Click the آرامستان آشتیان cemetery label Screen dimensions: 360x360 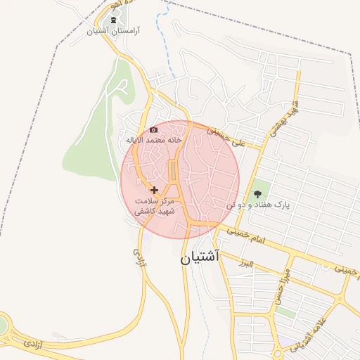point(117,32)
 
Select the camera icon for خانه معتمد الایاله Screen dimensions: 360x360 point(154,129)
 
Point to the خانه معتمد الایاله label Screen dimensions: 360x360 point(154,140)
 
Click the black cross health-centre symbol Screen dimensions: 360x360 point(154,190)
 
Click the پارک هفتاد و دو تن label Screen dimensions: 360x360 point(258,205)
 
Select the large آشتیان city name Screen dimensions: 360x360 point(200,257)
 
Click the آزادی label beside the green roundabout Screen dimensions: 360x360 point(32,343)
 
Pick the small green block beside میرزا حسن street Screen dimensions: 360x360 point(285,312)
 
